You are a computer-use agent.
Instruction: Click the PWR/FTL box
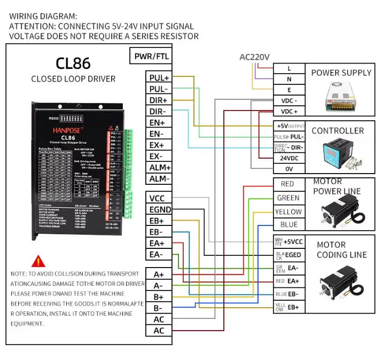click(x=152, y=56)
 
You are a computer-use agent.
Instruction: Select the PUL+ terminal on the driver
click(x=159, y=78)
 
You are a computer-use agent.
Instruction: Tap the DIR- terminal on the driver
click(x=159, y=112)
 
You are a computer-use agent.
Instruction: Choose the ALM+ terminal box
click(x=159, y=168)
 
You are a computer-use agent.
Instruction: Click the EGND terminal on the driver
click(x=159, y=209)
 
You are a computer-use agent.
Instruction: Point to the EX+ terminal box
click(x=159, y=145)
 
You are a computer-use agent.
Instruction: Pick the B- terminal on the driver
click(x=159, y=308)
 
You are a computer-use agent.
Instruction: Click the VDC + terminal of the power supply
click(x=289, y=112)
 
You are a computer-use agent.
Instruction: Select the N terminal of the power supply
click(x=289, y=79)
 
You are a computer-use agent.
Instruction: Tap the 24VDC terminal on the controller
click(x=289, y=158)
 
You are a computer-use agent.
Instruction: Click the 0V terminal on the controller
click(x=289, y=169)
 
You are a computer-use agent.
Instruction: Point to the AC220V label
click(x=254, y=57)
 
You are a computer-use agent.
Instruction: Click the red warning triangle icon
click(x=38, y=261)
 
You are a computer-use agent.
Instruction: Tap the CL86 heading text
click(x=73, y=64)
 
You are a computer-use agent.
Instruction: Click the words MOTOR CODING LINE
click(x=341, y=250)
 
